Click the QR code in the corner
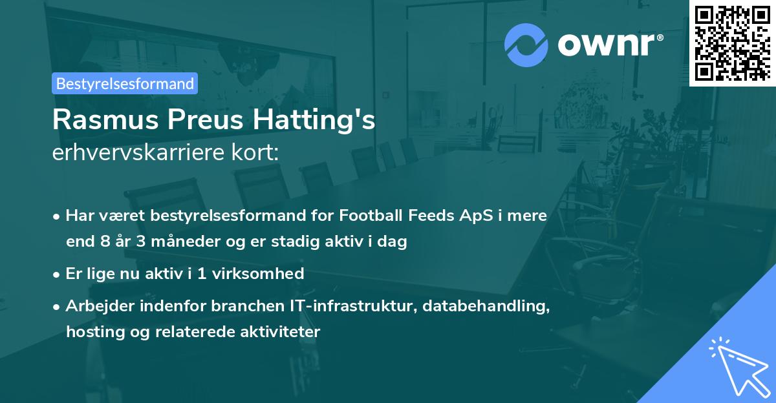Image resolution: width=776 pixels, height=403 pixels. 732,43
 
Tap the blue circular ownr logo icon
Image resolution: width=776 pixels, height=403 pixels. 526,45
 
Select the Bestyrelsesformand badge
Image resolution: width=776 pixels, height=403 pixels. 125,83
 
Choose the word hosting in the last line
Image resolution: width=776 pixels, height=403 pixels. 90,332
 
